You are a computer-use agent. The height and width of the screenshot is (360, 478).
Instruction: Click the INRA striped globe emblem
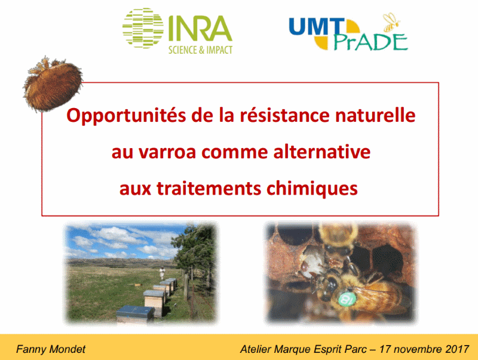143,28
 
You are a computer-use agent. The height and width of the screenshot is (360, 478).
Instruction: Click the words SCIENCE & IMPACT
200,50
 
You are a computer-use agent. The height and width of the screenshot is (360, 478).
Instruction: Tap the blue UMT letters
317,27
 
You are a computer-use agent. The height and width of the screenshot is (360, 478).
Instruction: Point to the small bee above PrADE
391,22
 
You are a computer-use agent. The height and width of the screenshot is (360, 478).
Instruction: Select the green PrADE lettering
371,42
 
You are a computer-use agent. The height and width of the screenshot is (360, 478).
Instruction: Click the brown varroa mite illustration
53,84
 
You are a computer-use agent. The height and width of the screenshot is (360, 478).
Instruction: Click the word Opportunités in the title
126,116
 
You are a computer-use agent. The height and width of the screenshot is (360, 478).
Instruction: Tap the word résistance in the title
285,115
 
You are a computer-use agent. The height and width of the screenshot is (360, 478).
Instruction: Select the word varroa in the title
167,152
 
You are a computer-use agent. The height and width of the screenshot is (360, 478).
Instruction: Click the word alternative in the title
322,152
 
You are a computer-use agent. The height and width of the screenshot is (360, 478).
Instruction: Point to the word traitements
209,188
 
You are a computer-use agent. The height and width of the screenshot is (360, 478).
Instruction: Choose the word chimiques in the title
312,189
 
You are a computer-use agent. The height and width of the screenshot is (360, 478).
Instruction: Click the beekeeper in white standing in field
162,273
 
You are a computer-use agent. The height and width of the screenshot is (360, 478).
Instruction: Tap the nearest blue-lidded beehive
135,313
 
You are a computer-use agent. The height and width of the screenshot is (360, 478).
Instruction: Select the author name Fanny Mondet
51,349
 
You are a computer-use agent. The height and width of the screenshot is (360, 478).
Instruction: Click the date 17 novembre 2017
424,349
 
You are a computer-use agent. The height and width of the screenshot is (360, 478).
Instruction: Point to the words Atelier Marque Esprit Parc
304,349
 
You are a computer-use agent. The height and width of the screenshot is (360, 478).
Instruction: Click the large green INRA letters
200,28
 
